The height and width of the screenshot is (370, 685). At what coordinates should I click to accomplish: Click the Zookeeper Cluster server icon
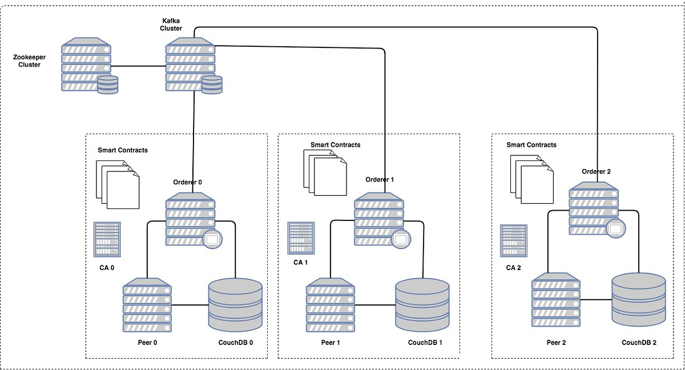click(x=86, y=64)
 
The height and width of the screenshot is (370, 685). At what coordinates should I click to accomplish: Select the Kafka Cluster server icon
click(x=191, y=64)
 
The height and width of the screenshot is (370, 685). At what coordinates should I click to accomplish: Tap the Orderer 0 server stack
click(x=191, y=218)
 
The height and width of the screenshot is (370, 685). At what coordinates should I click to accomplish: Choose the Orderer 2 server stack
click(x=594, y=208)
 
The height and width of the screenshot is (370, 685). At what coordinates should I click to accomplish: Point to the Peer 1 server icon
click(x=331, y=305)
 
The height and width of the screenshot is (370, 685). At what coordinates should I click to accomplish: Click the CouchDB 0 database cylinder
click(x=235, y=304)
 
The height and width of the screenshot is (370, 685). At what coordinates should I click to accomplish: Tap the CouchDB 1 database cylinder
click(x=422, y=304)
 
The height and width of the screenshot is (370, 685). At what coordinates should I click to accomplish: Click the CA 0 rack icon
click(x=107, y=239)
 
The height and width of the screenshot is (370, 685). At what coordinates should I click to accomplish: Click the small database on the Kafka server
click(x=212, y=85)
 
